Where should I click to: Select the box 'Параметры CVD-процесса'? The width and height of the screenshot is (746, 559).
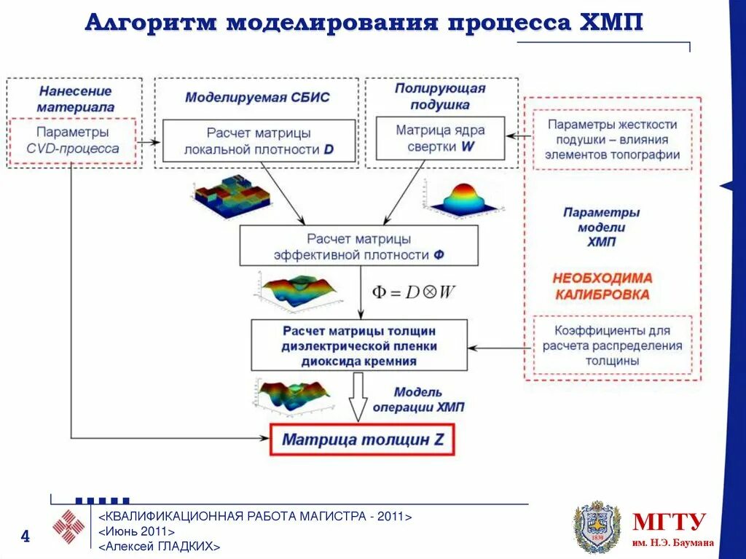73,141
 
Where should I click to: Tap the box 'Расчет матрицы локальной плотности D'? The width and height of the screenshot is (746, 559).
259,141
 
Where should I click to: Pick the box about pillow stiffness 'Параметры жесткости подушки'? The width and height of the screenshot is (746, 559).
612,139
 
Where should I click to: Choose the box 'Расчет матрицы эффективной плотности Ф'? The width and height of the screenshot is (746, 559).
358,246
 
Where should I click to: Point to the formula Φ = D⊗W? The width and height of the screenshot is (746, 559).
414,292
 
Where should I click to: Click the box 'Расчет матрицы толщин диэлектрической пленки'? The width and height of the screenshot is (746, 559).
359,345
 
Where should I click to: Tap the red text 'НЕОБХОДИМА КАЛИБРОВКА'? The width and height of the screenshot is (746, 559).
602,286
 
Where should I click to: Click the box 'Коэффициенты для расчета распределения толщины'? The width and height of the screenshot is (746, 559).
612,345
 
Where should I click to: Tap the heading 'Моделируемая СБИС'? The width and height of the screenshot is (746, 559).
257,97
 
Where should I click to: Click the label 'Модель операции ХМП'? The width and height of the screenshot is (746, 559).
417,399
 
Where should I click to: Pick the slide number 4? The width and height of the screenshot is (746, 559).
25,537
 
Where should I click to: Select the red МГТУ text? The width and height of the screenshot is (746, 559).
669,522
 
